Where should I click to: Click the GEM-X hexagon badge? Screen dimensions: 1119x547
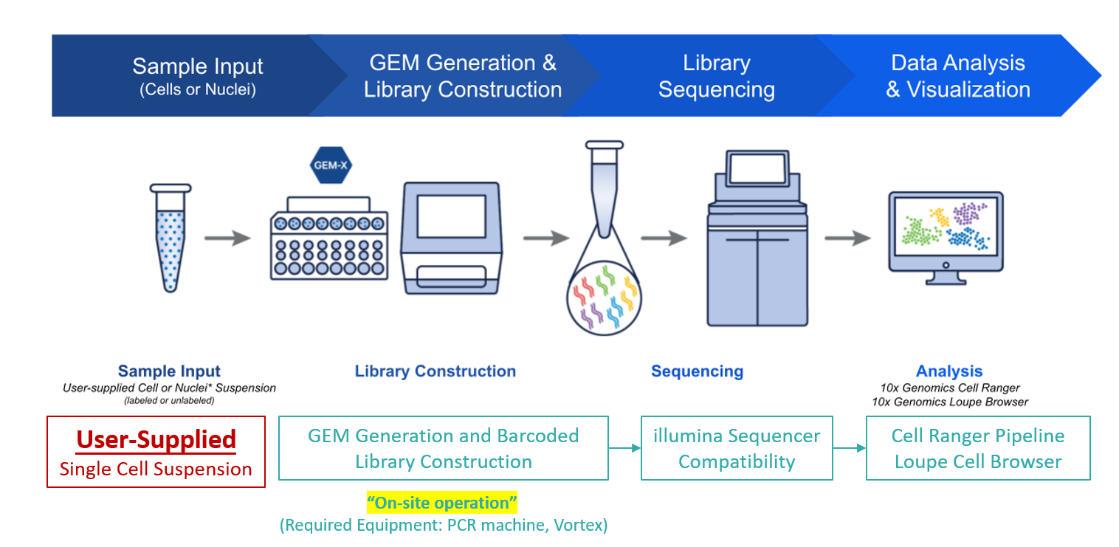pyautogui.click(x=331, y=165)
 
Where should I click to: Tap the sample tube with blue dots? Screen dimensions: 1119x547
pyautogui.click(x=171, y=238)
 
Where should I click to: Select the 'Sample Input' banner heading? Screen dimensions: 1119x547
pyautogui.click(x=197, y=66)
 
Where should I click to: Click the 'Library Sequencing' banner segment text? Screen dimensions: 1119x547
pyautogui.click(x=717, y=76)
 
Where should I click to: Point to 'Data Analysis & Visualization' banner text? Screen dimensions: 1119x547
pyautogui.click(x=958, y=76)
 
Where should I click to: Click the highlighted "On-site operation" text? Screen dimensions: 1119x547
pyautogui.click(x=442, y=503)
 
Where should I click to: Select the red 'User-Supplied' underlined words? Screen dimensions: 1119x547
pyautogui.click(x=156, y=440)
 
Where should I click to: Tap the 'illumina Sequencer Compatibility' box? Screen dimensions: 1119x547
pyautogui.click(x=737, y=448)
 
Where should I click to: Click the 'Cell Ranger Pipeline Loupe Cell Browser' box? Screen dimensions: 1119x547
pyautogui.click(x=978, y=448)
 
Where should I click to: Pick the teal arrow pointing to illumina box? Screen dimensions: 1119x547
pyautogui.click(x=624, y=448)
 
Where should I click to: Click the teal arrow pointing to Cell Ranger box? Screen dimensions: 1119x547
pyautogui.click(x=850, y=448)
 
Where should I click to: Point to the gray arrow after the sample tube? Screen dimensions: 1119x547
pyautogui.click(x=228, y=238)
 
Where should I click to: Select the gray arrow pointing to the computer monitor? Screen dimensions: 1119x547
pyautogui.click(x=848, y=238)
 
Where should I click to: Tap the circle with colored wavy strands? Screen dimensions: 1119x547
pyautogui.click(x=604, y=297)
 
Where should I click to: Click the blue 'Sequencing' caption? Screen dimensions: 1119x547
pyautogui.click(x=697, y=371)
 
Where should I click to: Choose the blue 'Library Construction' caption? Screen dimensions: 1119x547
pyautogui.click(x=435, y=371)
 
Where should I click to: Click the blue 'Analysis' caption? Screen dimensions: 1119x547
pyautogui.click(x=949, y=371)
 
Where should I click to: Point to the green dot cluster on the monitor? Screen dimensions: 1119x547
pyautogui.click(x=918, y=232)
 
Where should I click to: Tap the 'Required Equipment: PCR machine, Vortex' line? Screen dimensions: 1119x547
pyautogui.click(x=444, y=525)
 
